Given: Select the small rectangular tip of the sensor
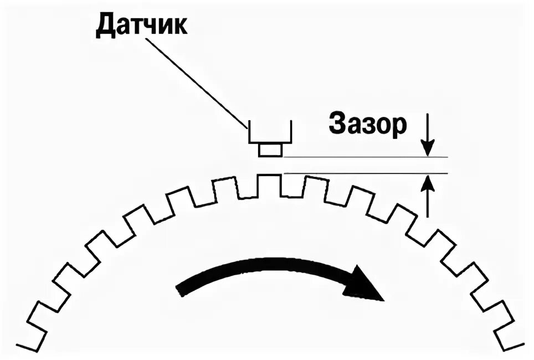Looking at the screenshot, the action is pos(270,149).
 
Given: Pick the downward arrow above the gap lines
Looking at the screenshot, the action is pos(427,136).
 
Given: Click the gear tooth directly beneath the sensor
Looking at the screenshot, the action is pos(270,185).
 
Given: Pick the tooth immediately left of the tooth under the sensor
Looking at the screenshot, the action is pos(229,189).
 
